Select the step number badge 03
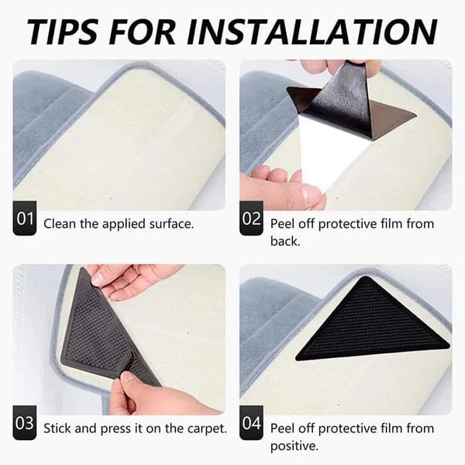pyautogui.click(x=25, y=425)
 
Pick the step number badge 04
pyautogui.click(x=252, y=425)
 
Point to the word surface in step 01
pyautogui.click(x=169, y=224)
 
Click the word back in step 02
pyautogui.click(x=284, y=241)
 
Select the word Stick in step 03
pyautogui.click(x=57, y=428)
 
